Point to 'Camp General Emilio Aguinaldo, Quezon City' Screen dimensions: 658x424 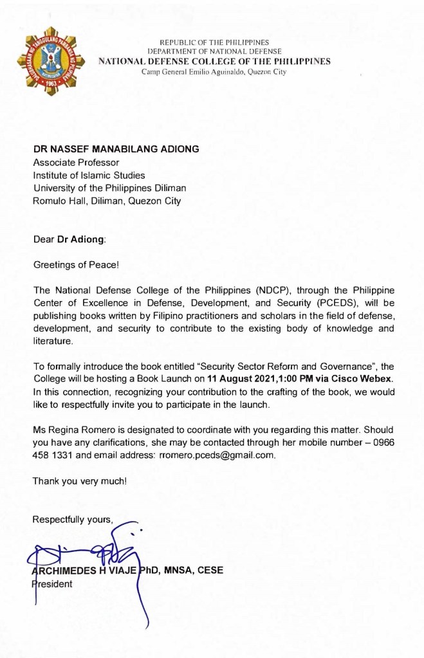click(x=214, y=71)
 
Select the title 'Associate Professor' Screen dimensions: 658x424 click(x=77, y=162)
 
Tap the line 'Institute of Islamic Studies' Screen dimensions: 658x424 click(x=89, y=175)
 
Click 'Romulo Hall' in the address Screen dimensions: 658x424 click(x=58, y=201)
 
